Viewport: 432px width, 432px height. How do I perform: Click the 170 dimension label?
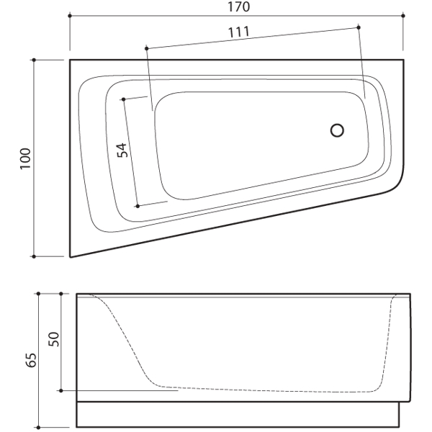coord(239,6)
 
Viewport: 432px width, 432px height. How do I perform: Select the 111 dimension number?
coord(239,32)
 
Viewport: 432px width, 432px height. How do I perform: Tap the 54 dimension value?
coord(122,150)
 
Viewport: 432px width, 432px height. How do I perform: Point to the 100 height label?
coord(25,158)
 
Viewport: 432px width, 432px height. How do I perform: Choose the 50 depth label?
coord(54,339)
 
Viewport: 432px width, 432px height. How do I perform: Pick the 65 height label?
coord(31,360)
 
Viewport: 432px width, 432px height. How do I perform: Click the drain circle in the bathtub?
coord(337,130)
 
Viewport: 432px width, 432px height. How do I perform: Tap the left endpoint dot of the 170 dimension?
coord(70,16)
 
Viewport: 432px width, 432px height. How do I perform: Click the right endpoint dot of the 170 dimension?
coord(403,16)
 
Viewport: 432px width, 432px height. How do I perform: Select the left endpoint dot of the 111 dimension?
coord(147,48)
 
